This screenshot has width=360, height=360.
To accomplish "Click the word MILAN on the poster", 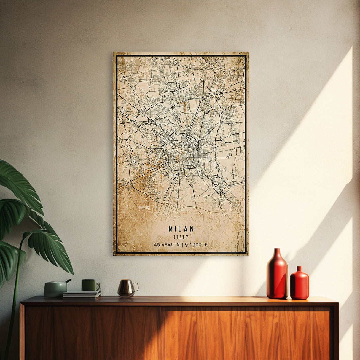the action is click(181, 229).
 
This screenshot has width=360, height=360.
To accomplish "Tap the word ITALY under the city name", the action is click(181, 237).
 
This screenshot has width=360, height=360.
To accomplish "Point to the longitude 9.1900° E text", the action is click(196, 245).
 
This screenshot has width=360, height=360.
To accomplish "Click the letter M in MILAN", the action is click(171, 229).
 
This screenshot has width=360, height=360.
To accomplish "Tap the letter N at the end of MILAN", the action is click(192, 229).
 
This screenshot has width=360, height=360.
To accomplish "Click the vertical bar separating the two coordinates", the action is click(182, 245).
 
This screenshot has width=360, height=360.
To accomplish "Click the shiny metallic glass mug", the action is click(126, 288).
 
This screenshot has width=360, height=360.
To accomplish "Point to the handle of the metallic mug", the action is click(136, 287).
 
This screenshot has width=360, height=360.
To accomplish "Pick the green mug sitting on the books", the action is click(90, 285).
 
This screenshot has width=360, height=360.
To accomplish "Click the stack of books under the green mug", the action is click(82, 294).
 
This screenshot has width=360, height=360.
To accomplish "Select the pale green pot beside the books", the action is click(55, 289).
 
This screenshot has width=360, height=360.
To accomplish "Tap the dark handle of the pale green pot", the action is click(69, 281).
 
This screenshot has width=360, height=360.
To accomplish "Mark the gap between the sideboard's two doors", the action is click(161, 332).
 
